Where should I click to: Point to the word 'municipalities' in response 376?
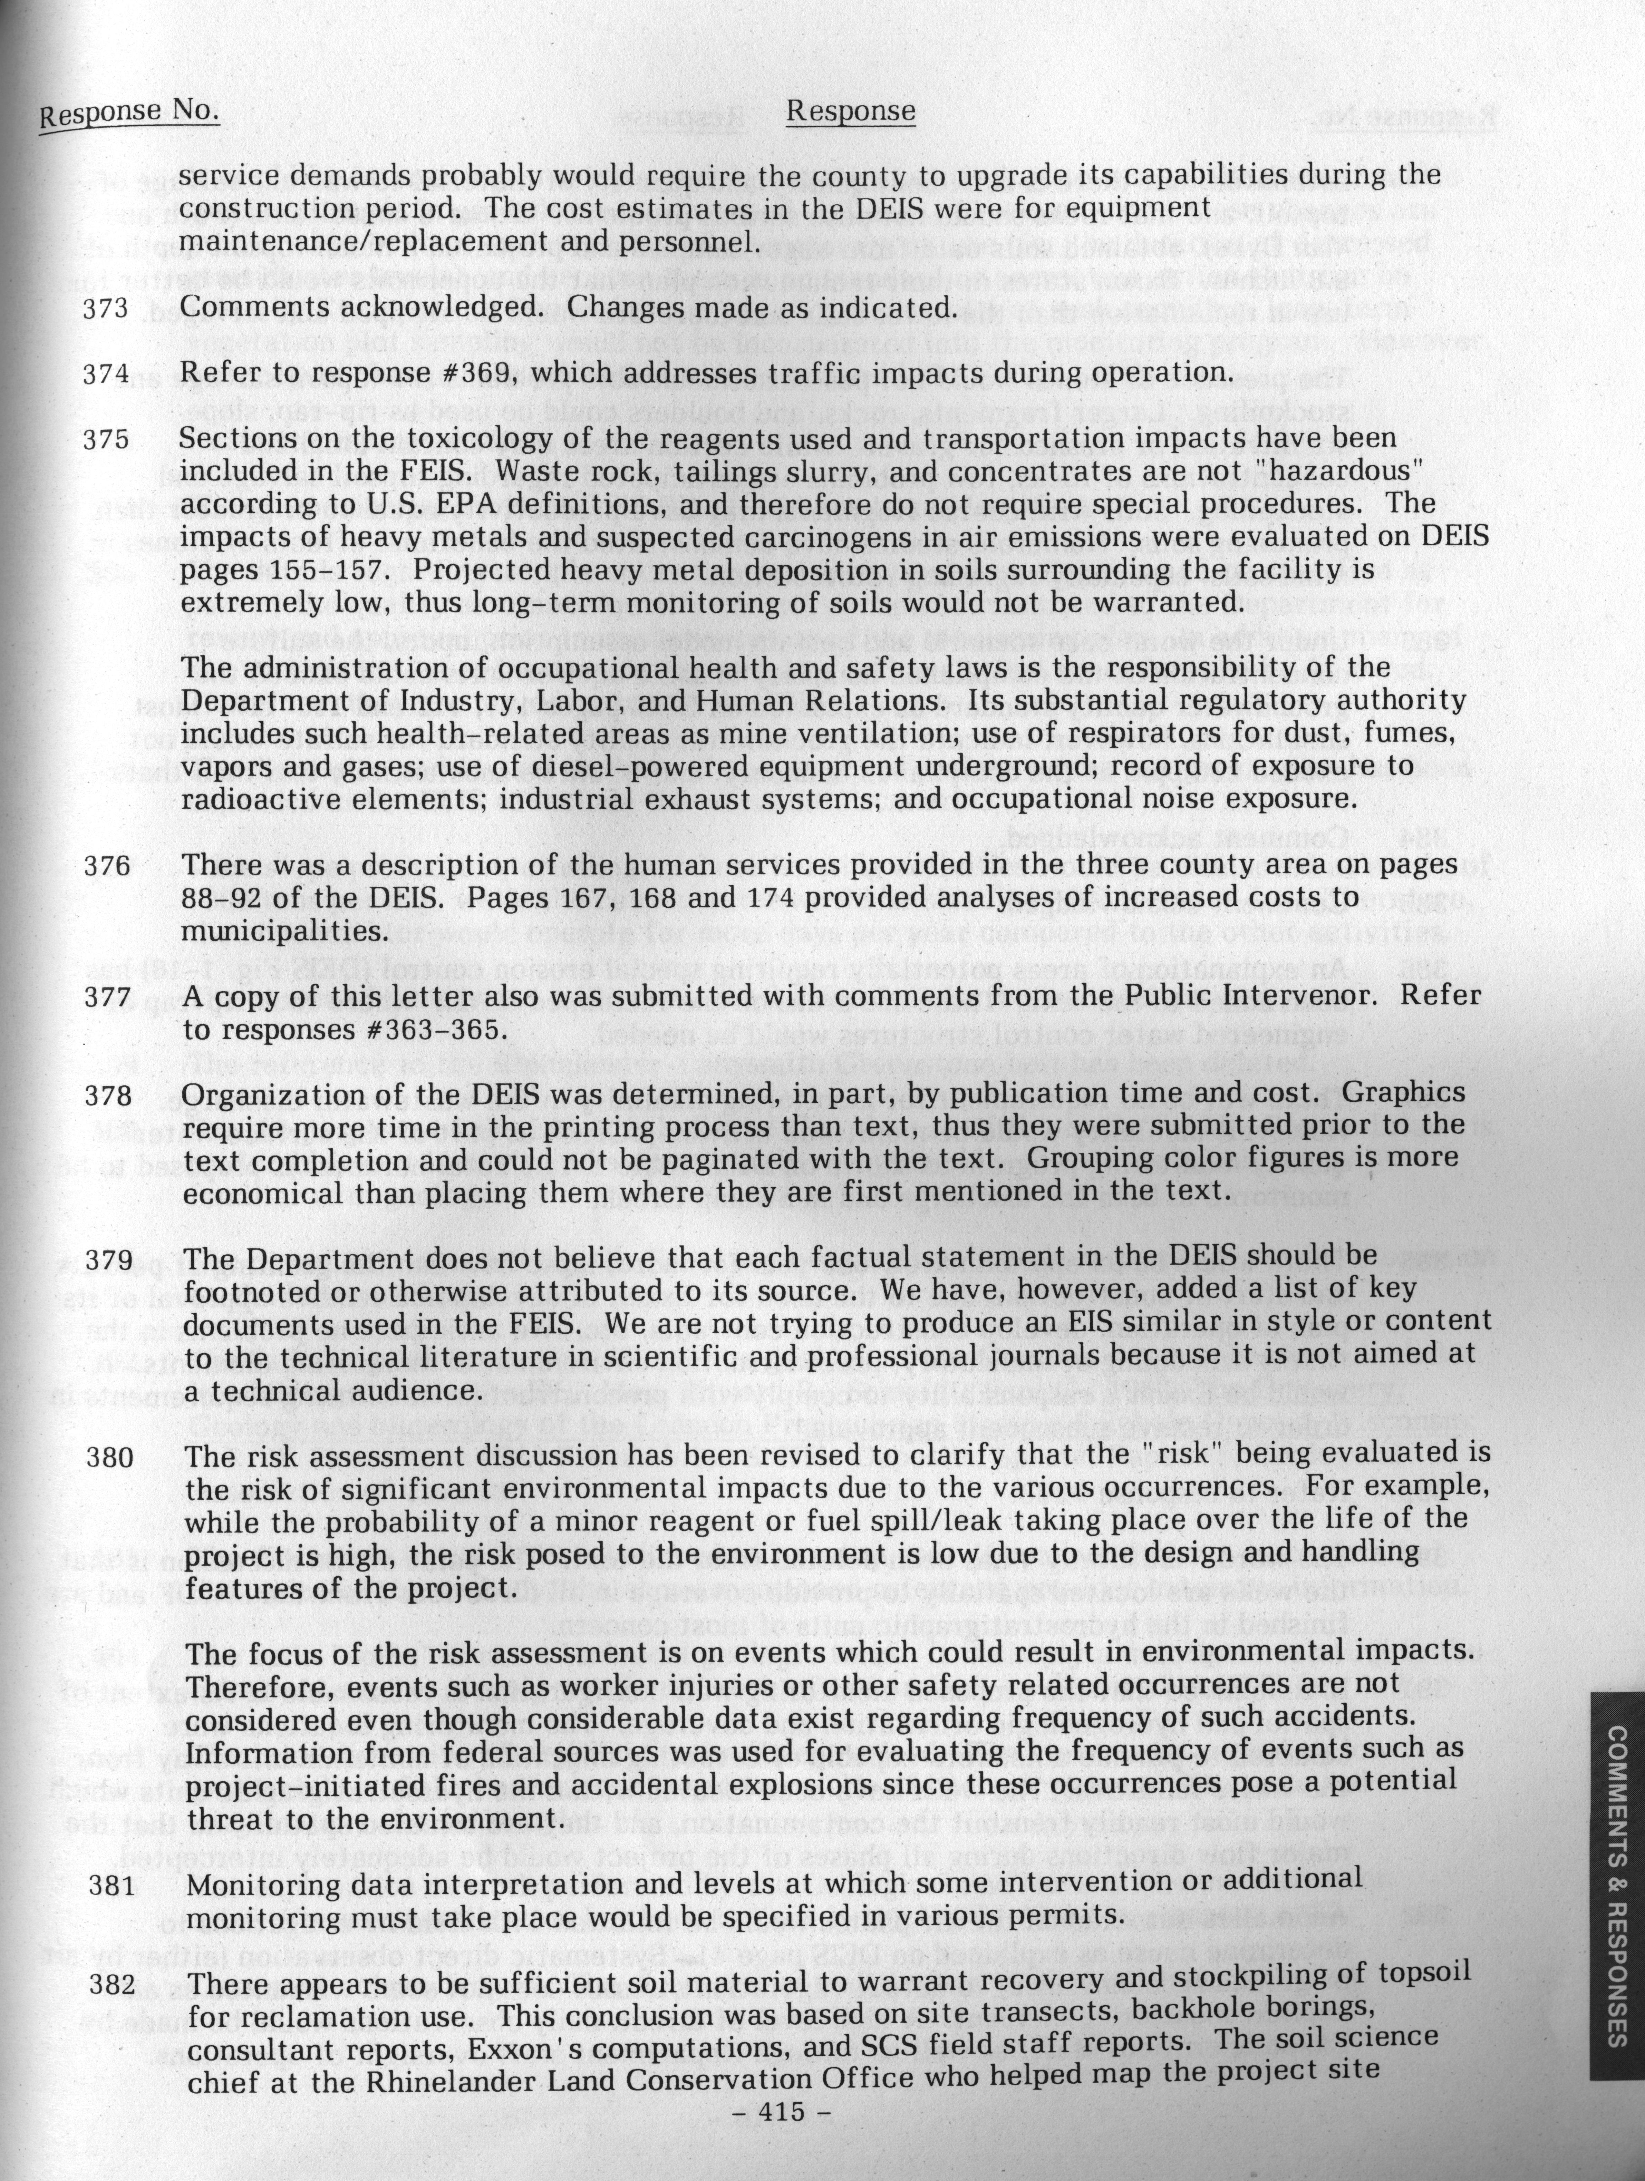(266, 932)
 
